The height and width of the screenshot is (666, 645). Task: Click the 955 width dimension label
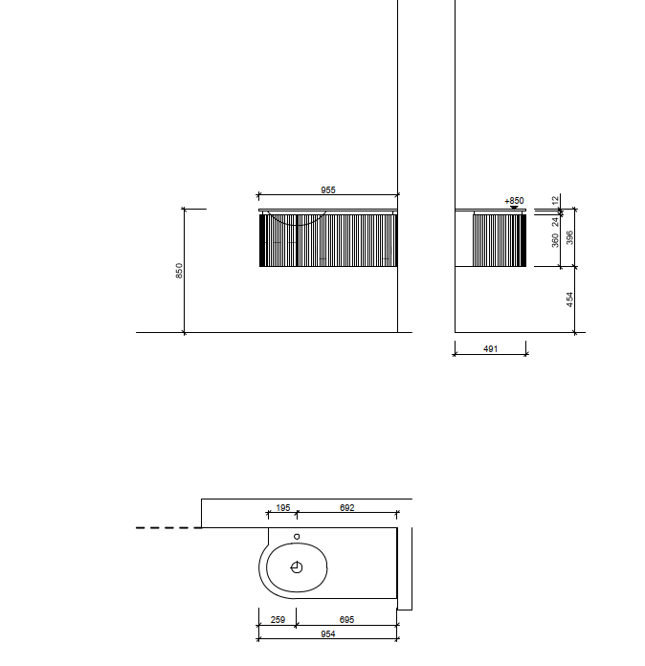point(328,189)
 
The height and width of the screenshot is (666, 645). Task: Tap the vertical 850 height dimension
point(179,271)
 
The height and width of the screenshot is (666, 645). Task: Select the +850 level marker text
point(514,201)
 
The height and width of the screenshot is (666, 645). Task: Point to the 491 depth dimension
point(490,348)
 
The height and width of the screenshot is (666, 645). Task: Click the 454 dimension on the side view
point(569,299)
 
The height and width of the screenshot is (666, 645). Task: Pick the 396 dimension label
point(569,237)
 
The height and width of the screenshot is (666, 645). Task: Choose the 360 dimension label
point(555,240)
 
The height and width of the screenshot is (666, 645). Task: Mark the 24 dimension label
point(555,222)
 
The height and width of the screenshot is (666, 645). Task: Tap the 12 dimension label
point(555,201)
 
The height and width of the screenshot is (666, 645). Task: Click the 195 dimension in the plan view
point(283,507)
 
